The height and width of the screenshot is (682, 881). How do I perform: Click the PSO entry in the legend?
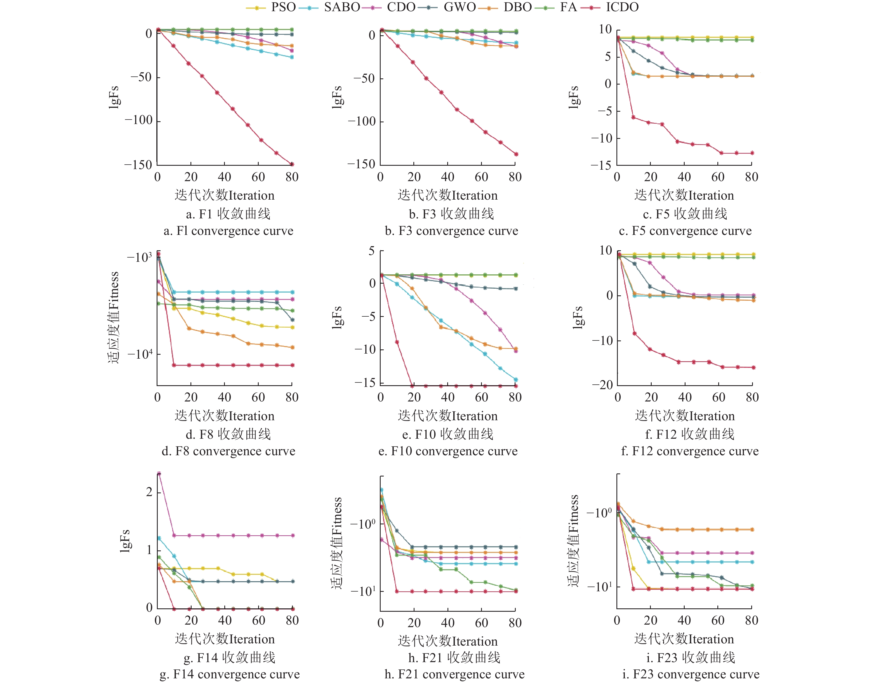(x=283, y=7)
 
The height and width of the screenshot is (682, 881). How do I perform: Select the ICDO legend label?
(x=622, y=7)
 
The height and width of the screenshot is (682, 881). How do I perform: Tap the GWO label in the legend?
(x=460, y=7)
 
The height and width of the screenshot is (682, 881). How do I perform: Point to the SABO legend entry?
(x=342, y=7)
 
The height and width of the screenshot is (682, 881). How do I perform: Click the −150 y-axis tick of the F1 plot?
(x=138, y=165)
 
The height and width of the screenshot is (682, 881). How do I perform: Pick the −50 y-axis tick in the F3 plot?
(x=364, y=78)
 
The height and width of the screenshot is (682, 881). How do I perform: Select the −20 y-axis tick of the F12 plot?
(x=602, y=385)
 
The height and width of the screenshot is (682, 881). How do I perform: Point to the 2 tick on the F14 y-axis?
(x=149, y=492)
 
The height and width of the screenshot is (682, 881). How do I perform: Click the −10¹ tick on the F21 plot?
(x=362, y=591)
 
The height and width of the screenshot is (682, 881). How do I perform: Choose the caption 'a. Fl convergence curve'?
(x=228, y=231)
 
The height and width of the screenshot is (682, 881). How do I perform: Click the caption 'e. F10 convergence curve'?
(x=448, y=451)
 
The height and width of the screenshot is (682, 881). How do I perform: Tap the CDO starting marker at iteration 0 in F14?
(x=159, y=473)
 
